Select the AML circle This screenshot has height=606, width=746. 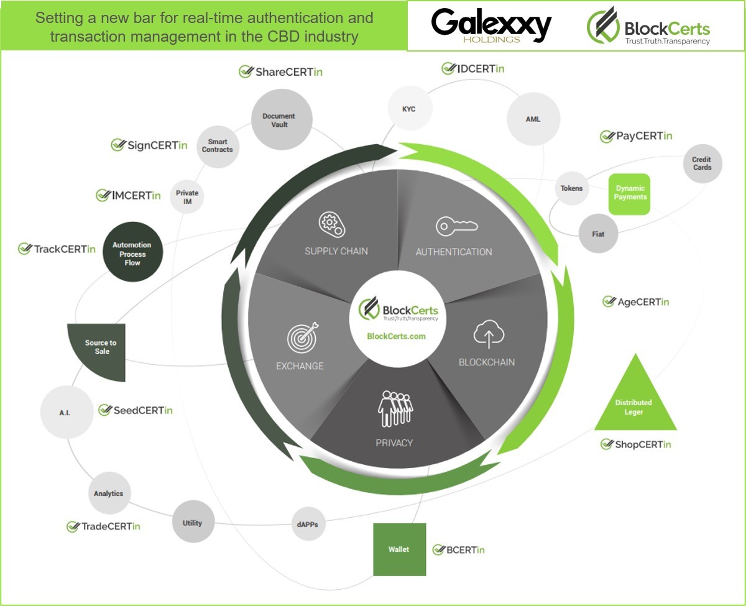click(x=533, y=119)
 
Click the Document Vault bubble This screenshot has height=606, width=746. click(x=279, y=120)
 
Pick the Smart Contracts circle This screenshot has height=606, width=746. click(x=217, y=146)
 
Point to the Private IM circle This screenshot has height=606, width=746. click(x=186, y=197)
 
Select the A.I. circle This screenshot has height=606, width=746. click(x=66, y=412)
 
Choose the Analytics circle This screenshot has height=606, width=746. click(x=109, y=494)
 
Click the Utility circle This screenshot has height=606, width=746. click(x=193, y=523)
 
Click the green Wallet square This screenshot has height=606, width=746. click(x=399, y=549)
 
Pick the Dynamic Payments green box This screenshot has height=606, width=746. click(x=630, y=193)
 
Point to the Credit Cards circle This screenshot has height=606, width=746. click(x=702, y=163)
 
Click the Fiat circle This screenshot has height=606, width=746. click(x=598, y=234)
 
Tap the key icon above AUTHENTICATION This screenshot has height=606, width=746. click(x=456, y=227)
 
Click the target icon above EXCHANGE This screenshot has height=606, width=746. click(x=303, y=337)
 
